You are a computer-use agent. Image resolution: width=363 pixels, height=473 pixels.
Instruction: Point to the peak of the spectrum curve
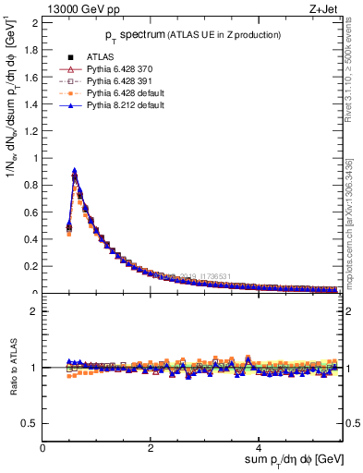[74, 172]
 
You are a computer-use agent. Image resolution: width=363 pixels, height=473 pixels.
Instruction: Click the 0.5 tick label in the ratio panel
[30, 423]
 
